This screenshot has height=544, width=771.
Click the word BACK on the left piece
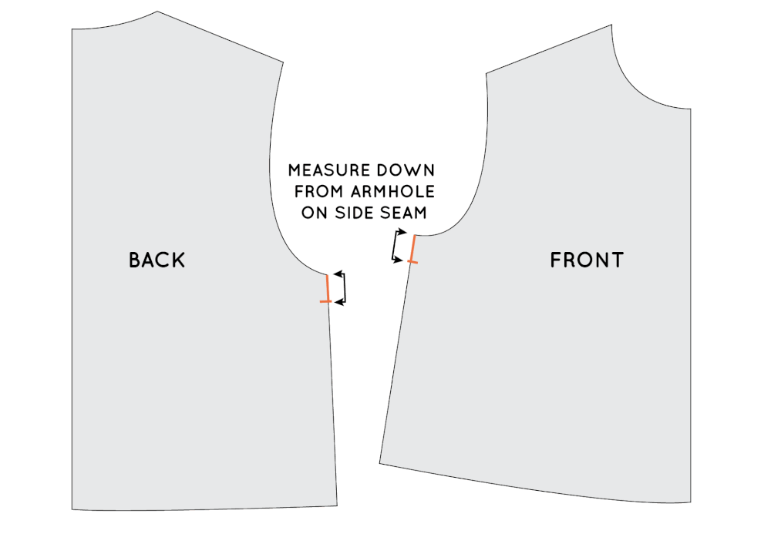157,260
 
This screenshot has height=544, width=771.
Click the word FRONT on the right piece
587,260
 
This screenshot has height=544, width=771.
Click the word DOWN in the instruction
409,170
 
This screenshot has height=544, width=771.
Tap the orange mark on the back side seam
327,289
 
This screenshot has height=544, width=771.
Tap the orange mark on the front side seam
413,250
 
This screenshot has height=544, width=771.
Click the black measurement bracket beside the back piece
341,288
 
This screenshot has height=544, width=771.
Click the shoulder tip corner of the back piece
283,62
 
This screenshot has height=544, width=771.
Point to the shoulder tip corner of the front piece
487,74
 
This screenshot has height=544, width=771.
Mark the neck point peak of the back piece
157,12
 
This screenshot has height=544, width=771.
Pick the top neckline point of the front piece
612,25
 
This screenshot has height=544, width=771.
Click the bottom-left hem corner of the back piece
72,509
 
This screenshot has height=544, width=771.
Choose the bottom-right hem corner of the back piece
338,505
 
